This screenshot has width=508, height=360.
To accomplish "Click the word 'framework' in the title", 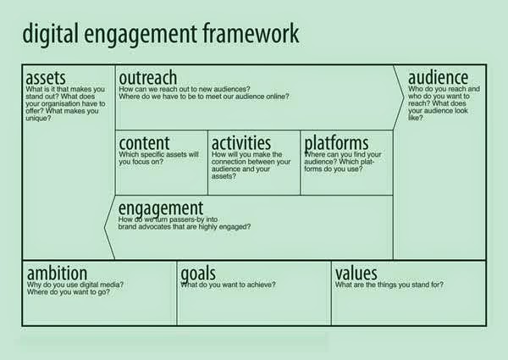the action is pos(251,33).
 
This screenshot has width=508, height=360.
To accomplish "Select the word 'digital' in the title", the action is pos(51,33).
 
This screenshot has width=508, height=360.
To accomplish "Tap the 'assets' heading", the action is pos(46,78).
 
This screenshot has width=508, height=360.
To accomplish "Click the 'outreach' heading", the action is pos(148,78).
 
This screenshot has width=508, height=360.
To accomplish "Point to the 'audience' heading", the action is pos(438,77).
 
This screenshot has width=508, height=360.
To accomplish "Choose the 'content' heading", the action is pos(144,143).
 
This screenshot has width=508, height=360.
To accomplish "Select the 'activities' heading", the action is pos(241,142).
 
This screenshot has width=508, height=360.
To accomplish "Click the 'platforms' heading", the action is pos(336,143).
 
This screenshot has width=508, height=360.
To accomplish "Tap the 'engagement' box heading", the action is pos(161,208).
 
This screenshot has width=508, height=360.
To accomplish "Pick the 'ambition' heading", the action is pos(57,273).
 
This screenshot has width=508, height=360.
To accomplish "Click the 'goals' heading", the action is pos(198,274).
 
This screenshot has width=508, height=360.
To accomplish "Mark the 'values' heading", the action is pos(356,273).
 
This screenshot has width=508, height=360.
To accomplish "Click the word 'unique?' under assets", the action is pos(39,119).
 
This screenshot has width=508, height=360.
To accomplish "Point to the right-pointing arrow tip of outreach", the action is pos(404,97).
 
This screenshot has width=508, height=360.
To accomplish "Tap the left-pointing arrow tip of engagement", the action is pos(105,227).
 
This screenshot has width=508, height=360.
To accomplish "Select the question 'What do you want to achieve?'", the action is pos(228,285).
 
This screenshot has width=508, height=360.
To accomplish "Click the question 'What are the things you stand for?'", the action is pos(389,285).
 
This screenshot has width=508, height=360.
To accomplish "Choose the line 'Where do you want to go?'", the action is pos(69,292).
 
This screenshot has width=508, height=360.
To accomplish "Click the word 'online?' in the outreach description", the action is pos(278,97).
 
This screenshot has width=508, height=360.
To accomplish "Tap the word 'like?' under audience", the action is pos(416,118).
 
